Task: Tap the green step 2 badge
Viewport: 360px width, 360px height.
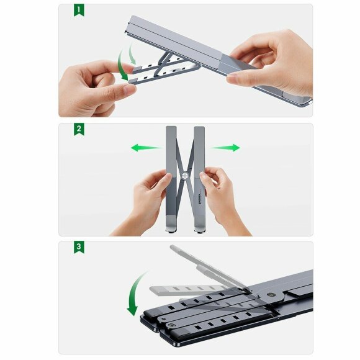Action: tap(79, 130)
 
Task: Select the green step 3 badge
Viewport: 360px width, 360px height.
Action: tap(79, 247)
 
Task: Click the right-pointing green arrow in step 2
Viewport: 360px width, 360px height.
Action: tap(224, 148)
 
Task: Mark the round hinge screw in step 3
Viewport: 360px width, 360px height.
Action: tap(271, 296)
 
